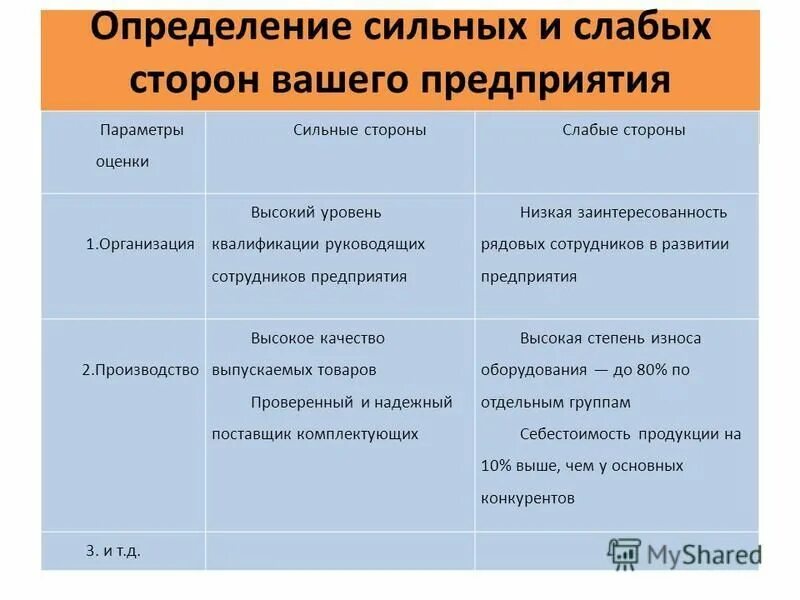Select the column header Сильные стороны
(360, 130)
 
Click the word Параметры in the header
(141, 130)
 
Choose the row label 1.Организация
(140, 244)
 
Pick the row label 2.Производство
(140, 370)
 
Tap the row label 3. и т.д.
(113, 550)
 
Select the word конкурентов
(528, 498)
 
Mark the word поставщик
(247, 434)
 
